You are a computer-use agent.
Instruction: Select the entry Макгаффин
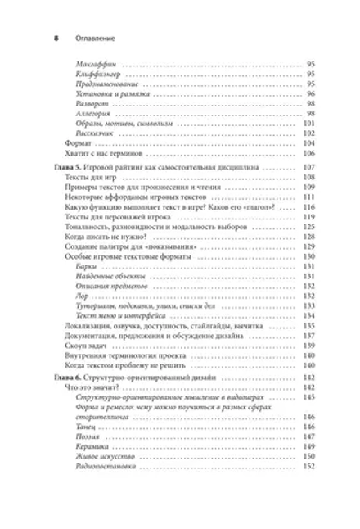(x=90, y=64)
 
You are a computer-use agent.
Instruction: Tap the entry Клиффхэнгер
(x=92, y=74)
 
